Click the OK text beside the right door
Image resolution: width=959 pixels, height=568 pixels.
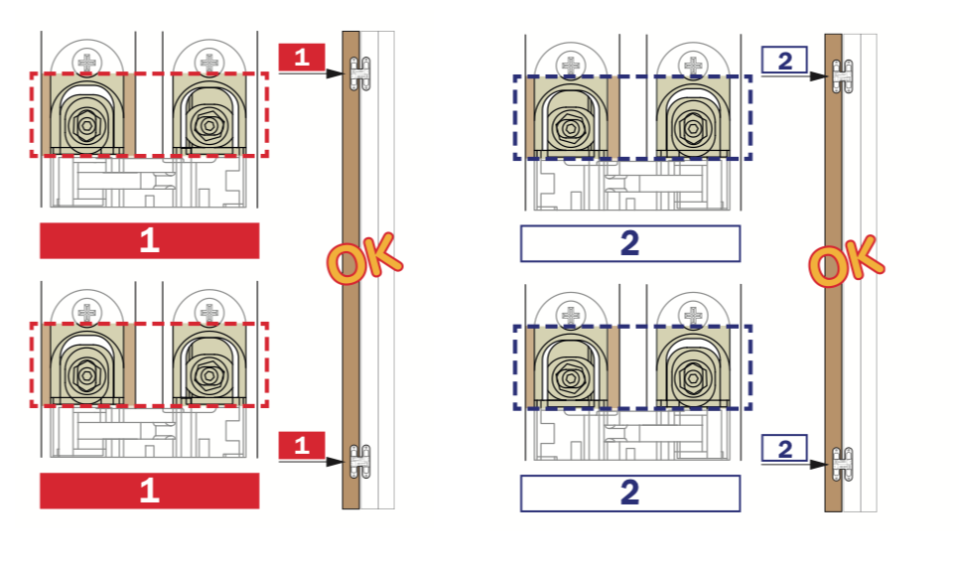pyautogui.click(x=846, y=261)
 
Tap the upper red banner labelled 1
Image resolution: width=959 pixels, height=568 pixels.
pyautogui.click(x=149, y=240)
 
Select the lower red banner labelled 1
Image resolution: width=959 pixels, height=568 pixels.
pyautogui.click(x=149, y=491)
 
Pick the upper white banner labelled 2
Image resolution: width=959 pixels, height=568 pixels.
pyautogui.click(x=629, y=243)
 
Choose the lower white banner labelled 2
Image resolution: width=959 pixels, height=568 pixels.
pyautogui.click(x=629, y=494)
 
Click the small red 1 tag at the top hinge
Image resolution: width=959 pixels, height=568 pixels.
pyautogui.click(x=302, y=58)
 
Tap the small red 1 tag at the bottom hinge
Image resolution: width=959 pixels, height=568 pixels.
pyautogui.click(x=302, y=445)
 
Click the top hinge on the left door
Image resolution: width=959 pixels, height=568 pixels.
pyautogui.click(x=360, y=72)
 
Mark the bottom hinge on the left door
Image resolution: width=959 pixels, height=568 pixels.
pyautogui.click(x=360, y=460)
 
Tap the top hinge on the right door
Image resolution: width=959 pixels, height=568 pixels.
pyautogui.click(x=844, y=74)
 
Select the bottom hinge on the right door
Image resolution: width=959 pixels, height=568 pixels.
pyautogui.click(x=844, y=463)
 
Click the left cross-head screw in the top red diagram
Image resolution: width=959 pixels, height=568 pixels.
pyautogui.click(x=88, y=63)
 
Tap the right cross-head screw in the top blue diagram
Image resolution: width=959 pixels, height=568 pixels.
pyautogui.click(x=692, y=65)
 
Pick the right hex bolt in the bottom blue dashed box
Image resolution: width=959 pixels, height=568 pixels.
pyautogui.click(x=692, y=377)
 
